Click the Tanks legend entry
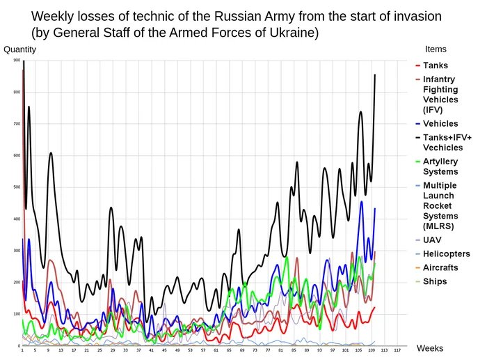(436, 65)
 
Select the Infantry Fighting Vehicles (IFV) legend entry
(440, 95)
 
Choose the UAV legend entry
(432, 240)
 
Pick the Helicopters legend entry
(446, 254)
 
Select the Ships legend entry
(434, 282)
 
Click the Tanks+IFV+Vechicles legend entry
(442, 143)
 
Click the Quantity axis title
(20, 49)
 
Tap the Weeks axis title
(429, 348)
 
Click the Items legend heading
(436, 49)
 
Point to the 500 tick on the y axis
(17, 187)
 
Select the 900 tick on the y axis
(17, 61)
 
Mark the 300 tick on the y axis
(17, 251)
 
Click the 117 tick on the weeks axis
(397, 350)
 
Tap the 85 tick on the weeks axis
(294, 350)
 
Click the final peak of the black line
(376, 75)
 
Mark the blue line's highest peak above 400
(362, 202)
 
